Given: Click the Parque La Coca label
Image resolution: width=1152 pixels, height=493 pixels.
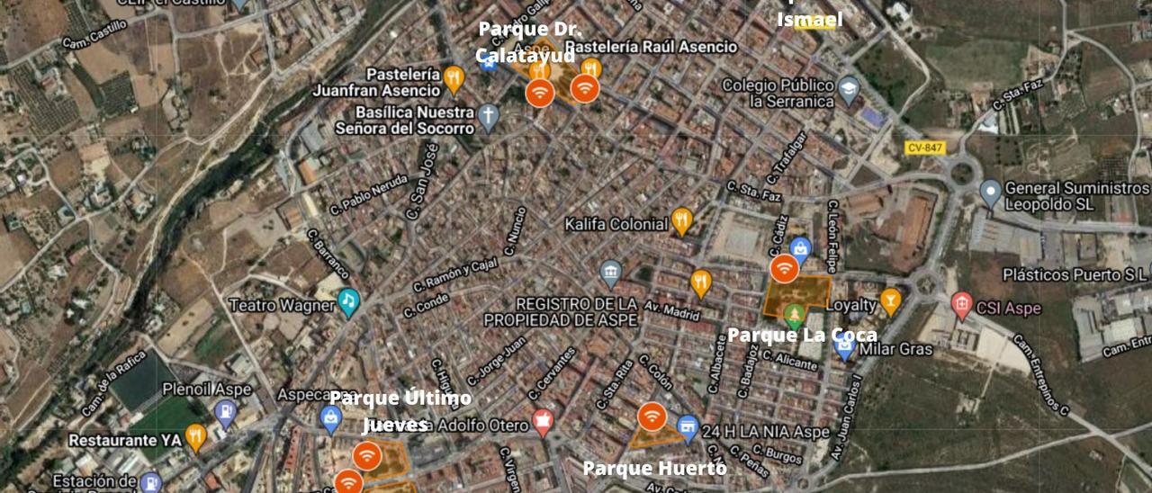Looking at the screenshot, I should (802, 336).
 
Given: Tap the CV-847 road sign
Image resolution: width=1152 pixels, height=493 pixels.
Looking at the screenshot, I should (925, 148).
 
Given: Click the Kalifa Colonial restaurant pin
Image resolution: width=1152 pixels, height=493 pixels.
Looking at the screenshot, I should (682, 220).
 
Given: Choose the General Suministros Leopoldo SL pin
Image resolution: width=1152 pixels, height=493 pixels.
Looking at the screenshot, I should (990, 193).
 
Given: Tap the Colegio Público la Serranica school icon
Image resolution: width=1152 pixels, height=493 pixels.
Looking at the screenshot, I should (849, 89).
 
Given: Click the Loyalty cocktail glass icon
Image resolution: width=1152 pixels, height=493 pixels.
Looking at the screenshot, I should (890, 301).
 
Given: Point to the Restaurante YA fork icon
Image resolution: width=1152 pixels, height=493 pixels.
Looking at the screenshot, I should (195, 438).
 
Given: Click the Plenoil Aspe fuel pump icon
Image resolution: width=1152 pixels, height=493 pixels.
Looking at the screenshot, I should (225, 412).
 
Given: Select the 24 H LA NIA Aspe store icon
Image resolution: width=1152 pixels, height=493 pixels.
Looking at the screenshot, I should (688, 428).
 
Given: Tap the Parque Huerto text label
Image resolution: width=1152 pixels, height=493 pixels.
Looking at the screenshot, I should (654, 468).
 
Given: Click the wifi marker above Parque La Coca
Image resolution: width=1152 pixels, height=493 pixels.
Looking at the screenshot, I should (784, 268).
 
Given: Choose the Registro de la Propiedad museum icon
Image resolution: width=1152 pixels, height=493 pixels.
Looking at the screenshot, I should (611, 273).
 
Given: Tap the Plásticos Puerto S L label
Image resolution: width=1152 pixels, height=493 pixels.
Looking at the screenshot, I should (1075, 274).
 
